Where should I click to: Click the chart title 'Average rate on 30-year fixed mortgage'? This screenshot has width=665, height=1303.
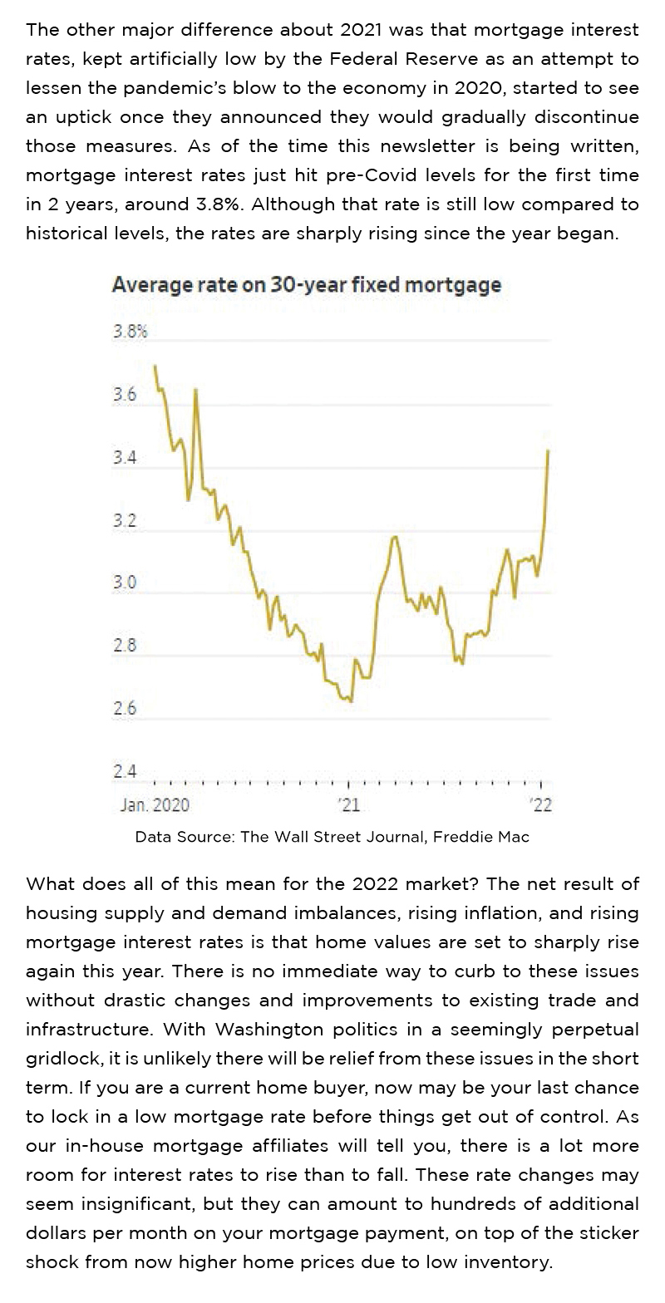pos(306,285)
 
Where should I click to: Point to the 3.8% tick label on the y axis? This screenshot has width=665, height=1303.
pos(130,332)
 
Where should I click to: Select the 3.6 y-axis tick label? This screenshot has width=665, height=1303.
pos(125,395)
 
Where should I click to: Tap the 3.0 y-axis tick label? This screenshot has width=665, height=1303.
pos(125,583)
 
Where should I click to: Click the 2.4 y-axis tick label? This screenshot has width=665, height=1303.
pos(125,771)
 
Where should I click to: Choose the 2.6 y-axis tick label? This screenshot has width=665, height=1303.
pos(125,709)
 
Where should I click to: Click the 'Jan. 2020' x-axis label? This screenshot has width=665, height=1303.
pos(155,804)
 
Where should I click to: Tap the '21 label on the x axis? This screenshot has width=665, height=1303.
pos(348,804)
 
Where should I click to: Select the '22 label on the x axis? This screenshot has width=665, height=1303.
pos(541,804)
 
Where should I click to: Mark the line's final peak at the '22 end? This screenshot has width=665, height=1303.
pos(549,450)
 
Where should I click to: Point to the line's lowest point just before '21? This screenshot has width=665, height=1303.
pos(352,701)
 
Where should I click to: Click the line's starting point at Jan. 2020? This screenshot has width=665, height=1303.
pos(155,366)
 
